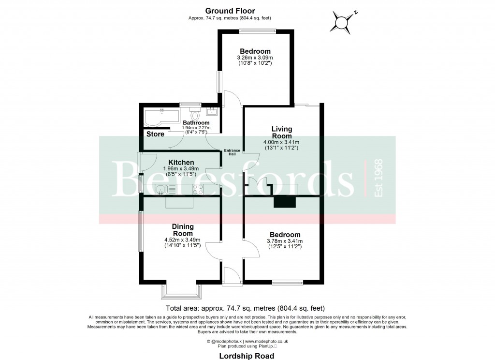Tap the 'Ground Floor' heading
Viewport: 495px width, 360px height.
pyautogui.click(x=230, y=11)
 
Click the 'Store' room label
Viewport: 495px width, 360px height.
pyautogui.click(x=155, y=134)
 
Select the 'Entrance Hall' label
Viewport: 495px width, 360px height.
pyautogui.click(x=232, y=152)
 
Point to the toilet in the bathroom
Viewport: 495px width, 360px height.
pyautogui.click(x=195, y=115)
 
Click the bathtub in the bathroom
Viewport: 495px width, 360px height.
pyautogui.click(x=160, y=117)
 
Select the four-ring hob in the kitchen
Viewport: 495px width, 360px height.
pyautogui.click(x=198, y=189)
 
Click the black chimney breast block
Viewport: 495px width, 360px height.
pyautogui.click(x=284, y=202)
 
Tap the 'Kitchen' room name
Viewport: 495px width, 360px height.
pyautogui.click(x=181, y=162)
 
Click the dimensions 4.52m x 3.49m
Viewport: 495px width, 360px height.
pyautogui.click(x=182, y=240)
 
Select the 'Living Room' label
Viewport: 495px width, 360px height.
pyautogui.click(x=281, y=132)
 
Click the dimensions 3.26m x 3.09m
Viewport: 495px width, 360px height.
pyautogui.click(x=255, y=58)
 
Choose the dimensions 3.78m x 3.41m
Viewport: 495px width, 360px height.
pyautogui.click(x=285, y=241)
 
